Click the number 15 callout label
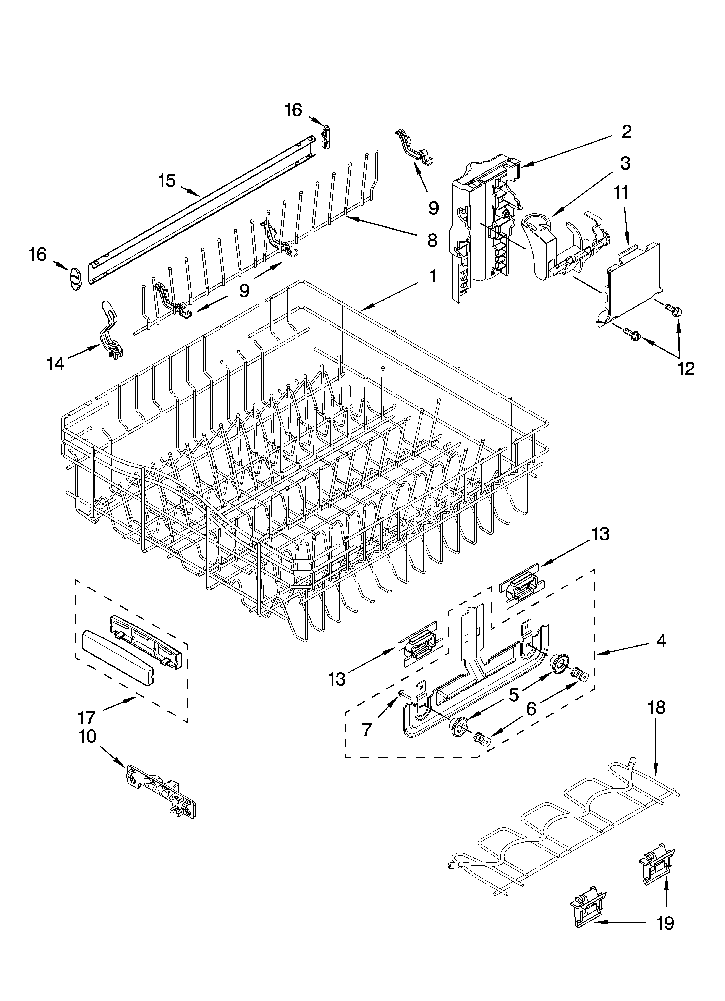click(167, 181)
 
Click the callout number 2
click(626, 131)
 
